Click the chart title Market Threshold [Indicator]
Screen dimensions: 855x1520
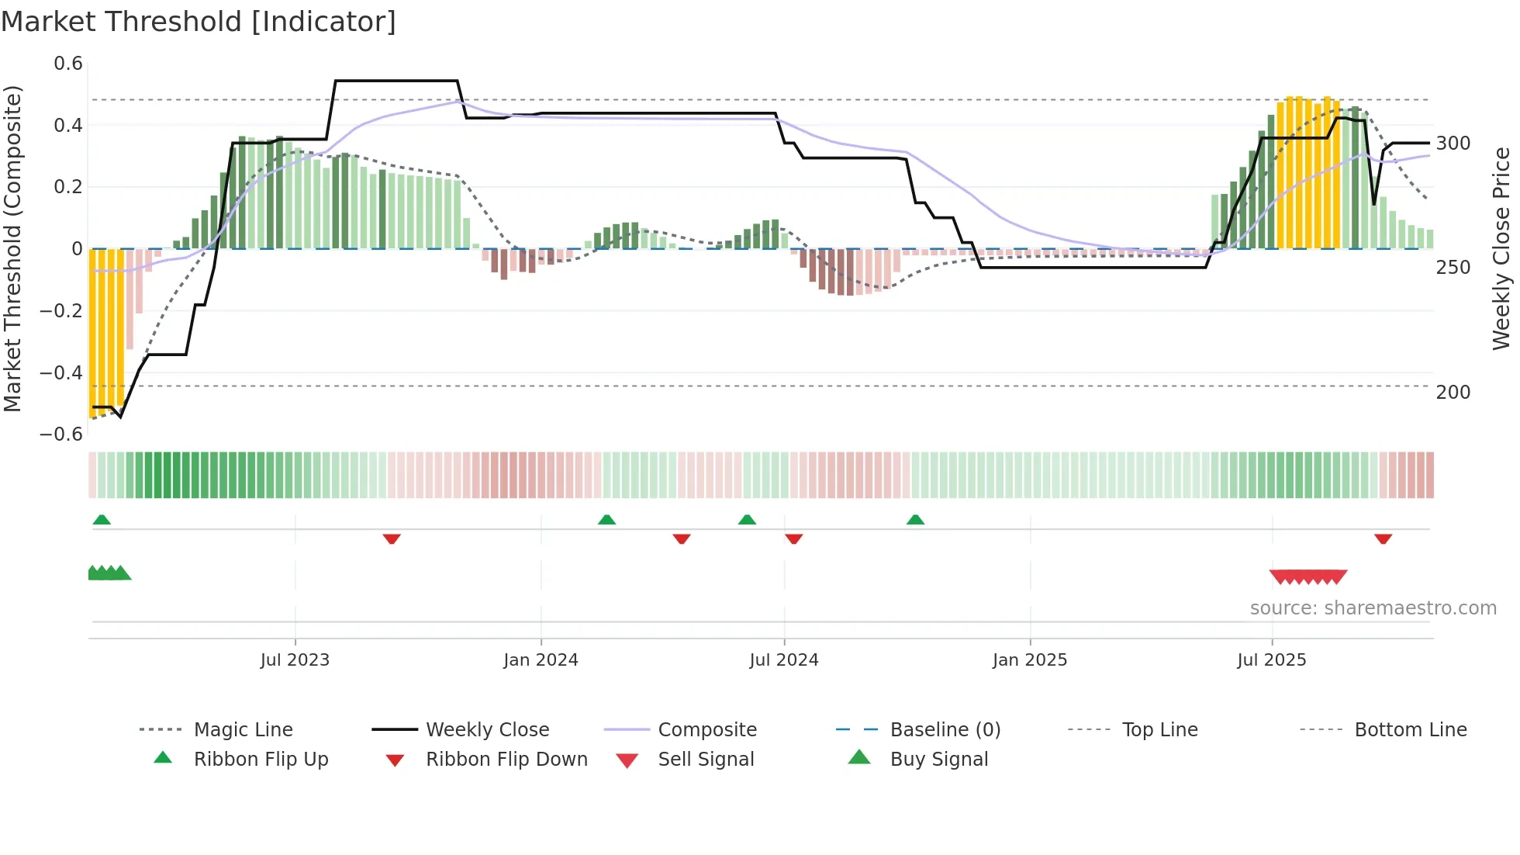point(199,22)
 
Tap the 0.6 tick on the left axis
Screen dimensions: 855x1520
point(68,64)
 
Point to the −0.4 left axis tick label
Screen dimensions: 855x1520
point(61,372)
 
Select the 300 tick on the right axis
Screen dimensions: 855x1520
point(1453,144)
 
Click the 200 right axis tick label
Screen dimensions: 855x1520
point(1453,393)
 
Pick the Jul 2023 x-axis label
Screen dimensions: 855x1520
point(295,660)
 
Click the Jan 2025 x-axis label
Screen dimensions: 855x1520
point(1030,660)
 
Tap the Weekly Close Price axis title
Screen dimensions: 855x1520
point(1501,248)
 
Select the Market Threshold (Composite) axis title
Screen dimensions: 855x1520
point(12,248)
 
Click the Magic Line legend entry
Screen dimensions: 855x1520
point(243,730)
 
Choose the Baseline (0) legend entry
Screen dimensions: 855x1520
point(945,730)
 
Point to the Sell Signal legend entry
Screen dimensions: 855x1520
point(706,760)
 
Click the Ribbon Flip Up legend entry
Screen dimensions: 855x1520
point(261,760)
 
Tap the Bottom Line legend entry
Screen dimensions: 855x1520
point(1410,730)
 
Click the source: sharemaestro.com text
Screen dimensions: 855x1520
point(1373,608)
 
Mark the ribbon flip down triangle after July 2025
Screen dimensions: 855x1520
point(1383,538)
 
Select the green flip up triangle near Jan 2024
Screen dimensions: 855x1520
point(606,520)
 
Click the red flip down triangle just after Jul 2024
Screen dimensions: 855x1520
point(793,538)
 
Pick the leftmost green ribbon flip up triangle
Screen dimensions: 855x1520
point(102,520)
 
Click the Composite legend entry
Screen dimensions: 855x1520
point(706,730)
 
